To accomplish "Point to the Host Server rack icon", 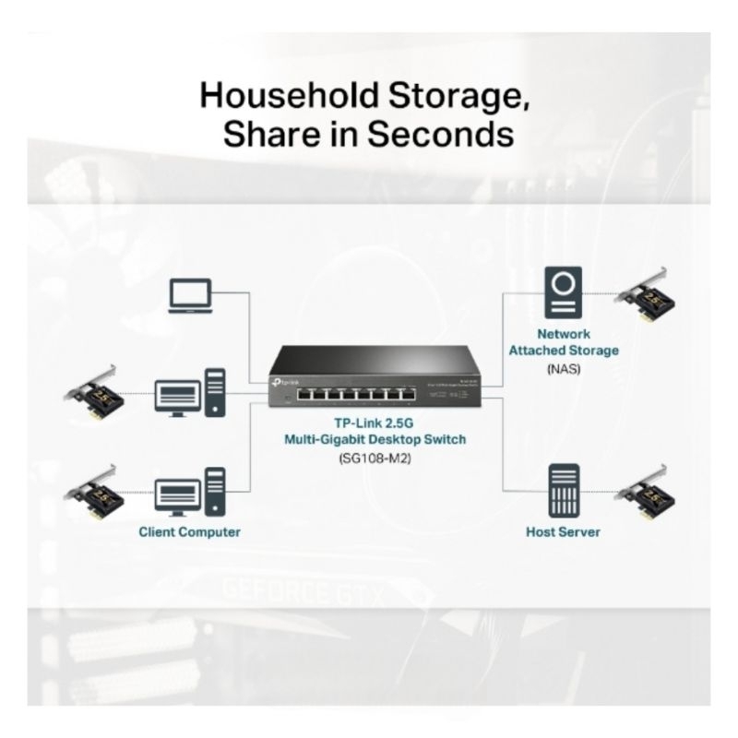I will (563, 489).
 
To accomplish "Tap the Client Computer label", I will (189, 532).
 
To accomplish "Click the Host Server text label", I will (563, 532).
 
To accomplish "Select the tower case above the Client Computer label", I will (215, 492).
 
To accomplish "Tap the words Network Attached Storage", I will (563, 342).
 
